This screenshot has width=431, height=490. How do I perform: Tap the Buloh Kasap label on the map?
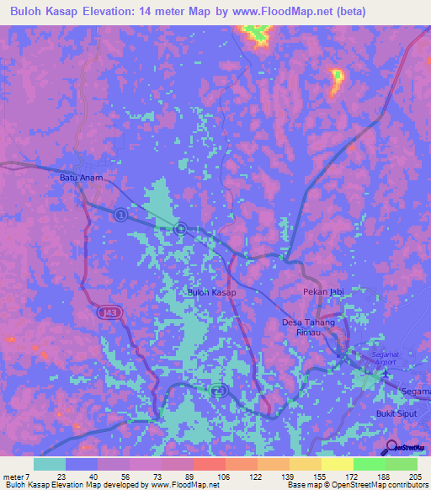tap(211, 292)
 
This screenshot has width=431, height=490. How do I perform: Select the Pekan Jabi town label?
tap(323, 291)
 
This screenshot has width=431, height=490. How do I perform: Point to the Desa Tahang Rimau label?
tap(308, 328)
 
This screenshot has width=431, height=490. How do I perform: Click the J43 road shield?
tap(106, 312)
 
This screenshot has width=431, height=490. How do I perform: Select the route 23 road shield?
tap(218, 391)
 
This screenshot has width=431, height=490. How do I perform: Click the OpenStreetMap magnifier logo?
tap(391, 446)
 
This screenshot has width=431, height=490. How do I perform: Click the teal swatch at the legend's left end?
tap(50, 464)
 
